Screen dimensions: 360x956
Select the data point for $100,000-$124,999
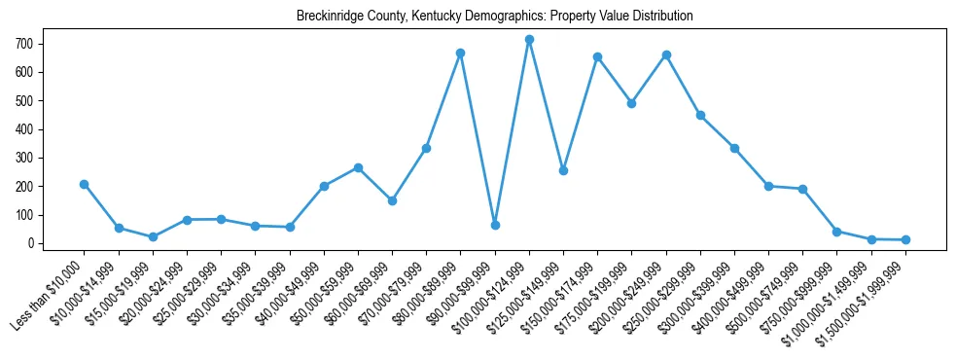click(529, 40)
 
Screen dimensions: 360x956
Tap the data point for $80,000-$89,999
click(461, 53)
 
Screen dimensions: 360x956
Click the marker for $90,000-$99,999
click(495, 225)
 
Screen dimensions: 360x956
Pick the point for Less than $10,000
click(85, 184)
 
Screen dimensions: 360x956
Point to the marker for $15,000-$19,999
click(153, 236)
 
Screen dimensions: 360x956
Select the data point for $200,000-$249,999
click(666, 54)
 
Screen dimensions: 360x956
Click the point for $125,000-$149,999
click(563, 170)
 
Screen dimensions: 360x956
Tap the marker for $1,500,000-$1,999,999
click(905, 239)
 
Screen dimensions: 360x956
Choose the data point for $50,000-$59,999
click(358, 167)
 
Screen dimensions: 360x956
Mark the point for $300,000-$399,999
click(734, 148)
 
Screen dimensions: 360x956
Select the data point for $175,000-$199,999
click(631, 102)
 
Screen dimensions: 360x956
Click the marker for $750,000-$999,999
click(837, 232)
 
